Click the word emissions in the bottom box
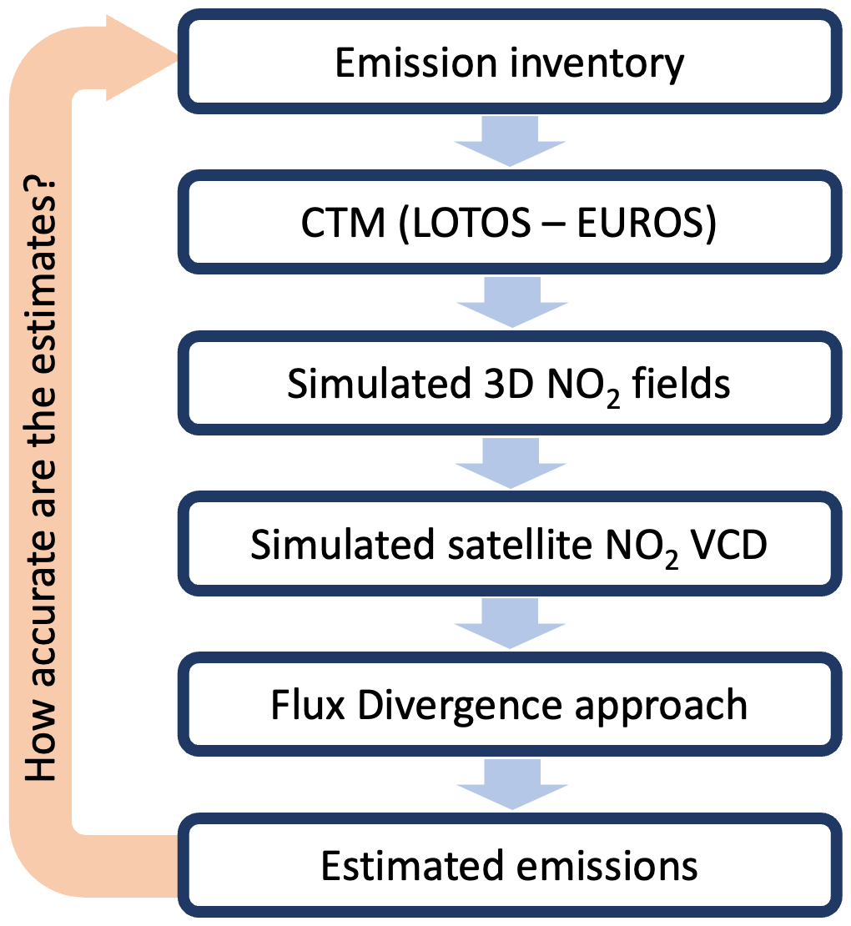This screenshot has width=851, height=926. click(x=608, y=865)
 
